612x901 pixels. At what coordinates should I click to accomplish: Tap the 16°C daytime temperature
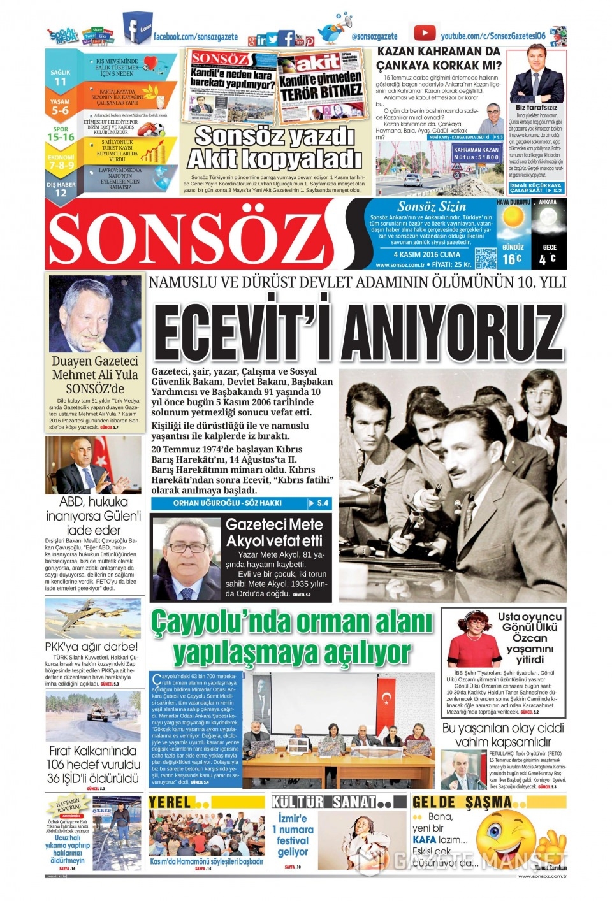point(512,259)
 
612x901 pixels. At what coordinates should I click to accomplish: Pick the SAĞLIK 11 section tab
point(61,77)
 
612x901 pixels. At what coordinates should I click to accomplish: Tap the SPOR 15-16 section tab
point(61,134)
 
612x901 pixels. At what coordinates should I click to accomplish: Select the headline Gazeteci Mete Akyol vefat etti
point(274,533)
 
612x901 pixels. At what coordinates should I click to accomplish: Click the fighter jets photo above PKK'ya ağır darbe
point(92,619)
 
